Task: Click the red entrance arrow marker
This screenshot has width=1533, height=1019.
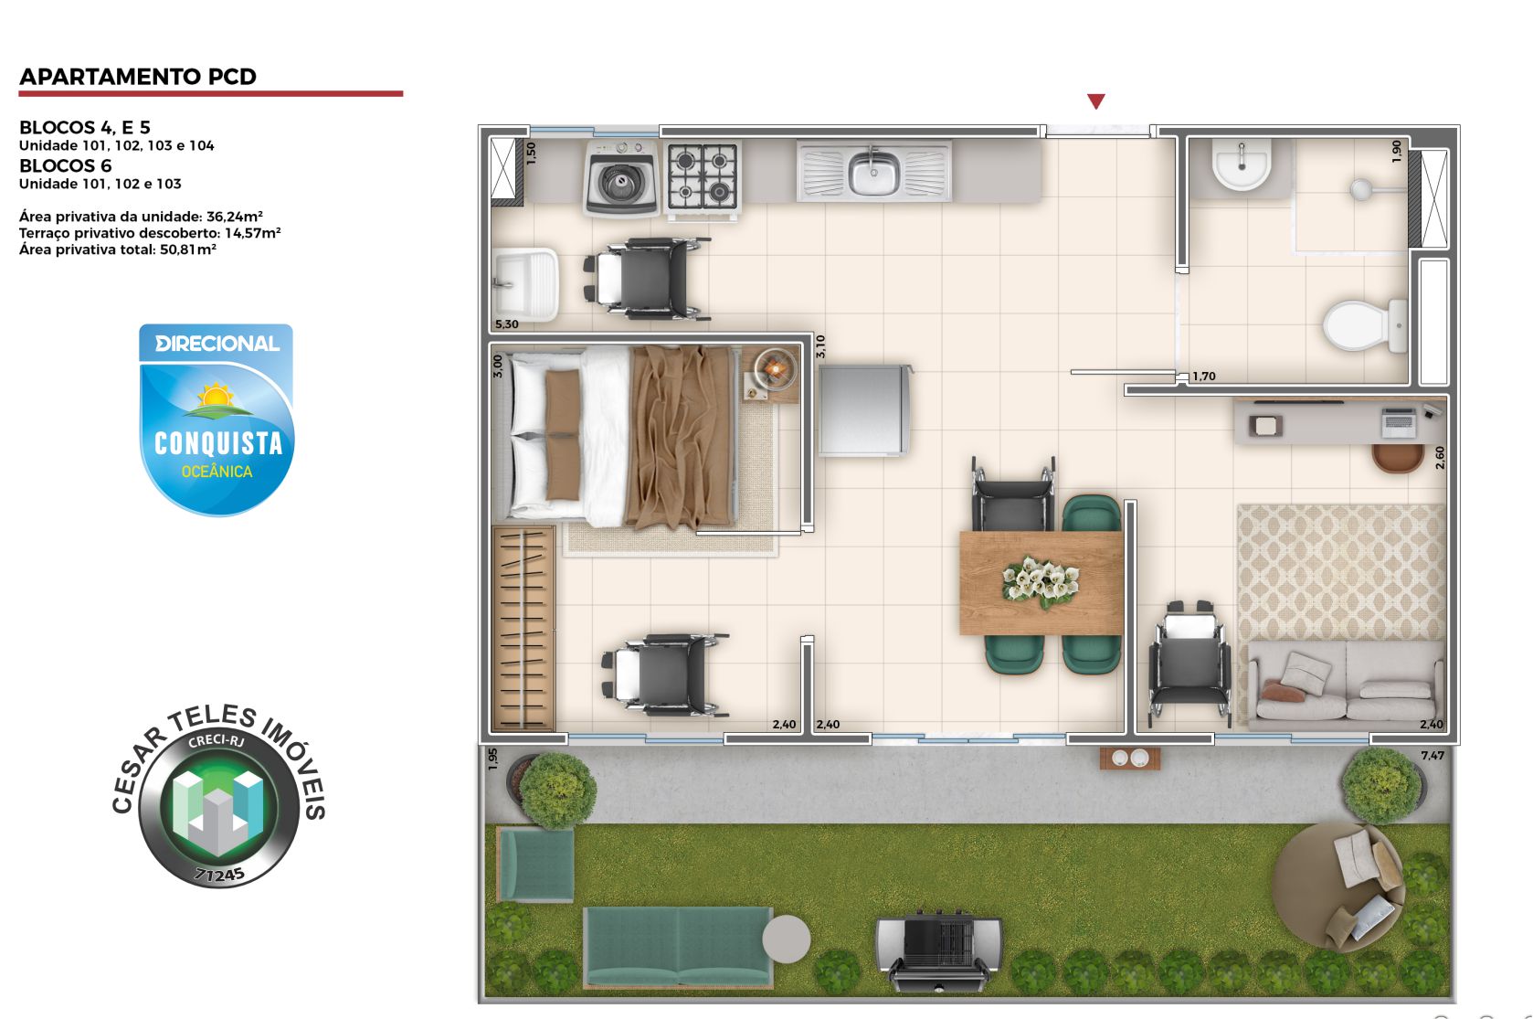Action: coord(1096,101)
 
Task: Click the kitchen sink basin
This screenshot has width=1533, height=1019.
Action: coord(874,173)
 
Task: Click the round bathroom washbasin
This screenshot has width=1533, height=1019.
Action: coord(1241,165)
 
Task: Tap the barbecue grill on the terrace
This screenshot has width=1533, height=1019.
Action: coord(938,949)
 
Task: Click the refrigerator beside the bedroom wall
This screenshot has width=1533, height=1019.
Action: coord(863,410)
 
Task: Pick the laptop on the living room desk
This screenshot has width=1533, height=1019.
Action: coord(1399,422)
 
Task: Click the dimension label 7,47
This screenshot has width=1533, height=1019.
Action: coord(1433,756)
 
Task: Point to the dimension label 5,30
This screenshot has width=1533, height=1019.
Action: coord(506,324)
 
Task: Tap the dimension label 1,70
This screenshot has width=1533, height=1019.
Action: coord(1204,377)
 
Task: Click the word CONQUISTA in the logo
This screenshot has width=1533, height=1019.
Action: coord(218,444)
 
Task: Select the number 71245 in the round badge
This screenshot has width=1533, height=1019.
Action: coord(219,875)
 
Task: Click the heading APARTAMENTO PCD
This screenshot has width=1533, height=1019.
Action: coord(138,77)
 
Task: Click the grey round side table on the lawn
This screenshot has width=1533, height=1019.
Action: coord(786,939)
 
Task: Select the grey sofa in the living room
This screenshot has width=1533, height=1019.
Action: coord(1346,684)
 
